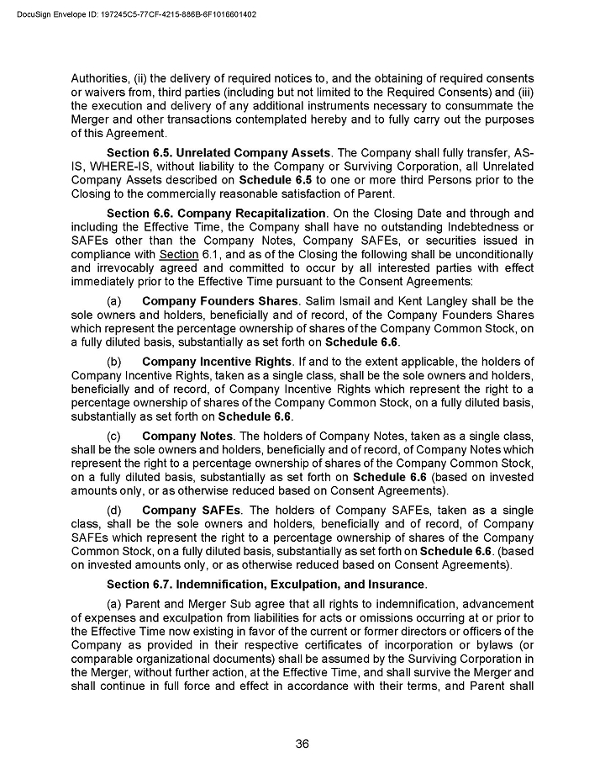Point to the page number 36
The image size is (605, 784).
pyautogui.click(x=302, y=743)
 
